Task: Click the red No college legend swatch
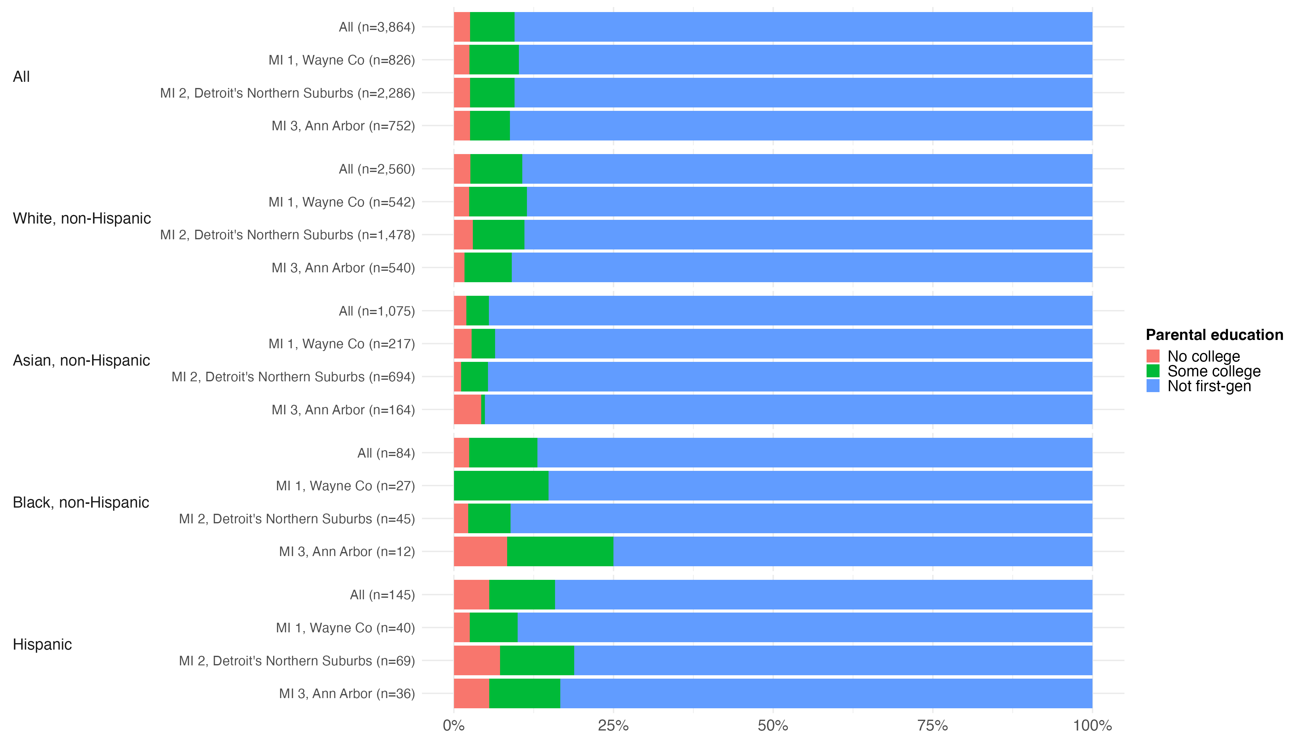point(1153,356)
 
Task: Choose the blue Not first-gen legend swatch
point(1153,386)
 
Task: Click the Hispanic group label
point(42,644)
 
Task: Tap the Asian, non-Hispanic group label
point(82,360)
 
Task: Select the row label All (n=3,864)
point(377,27)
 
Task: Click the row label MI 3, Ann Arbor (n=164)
point(343,410)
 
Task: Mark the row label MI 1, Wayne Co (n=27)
point(346,486)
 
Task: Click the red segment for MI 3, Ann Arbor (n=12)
point(480,551)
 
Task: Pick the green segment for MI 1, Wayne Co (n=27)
point(501,486)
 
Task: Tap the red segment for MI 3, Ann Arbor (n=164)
point(467,410)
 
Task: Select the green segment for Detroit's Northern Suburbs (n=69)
point(537,661)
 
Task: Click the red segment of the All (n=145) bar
point(471,594)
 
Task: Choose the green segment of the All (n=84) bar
point(503,452)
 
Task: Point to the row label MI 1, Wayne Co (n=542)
point(342,202)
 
